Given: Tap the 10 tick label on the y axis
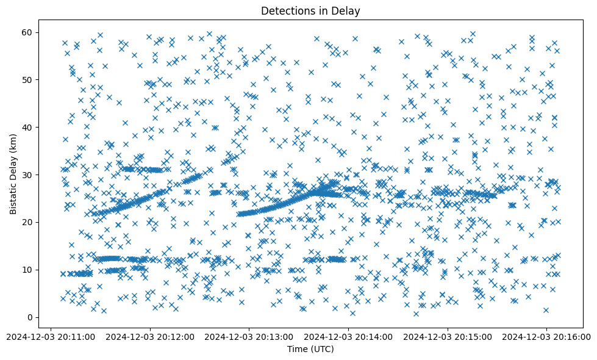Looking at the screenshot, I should click(27, 270).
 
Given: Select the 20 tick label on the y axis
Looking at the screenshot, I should click(27, 222).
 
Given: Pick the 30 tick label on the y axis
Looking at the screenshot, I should click(27, 175).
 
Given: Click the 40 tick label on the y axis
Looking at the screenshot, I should click(27, 127).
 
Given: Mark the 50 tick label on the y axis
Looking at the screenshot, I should click(27, 80).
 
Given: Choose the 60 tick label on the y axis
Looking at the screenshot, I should click(27, 32).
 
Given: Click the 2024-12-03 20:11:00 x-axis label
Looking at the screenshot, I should click(50, 336).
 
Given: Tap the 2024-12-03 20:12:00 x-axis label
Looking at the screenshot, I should click(149, 336).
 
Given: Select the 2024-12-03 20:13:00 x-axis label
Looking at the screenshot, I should click(249, 336).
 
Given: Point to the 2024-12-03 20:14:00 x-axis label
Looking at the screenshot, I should click(348, 336).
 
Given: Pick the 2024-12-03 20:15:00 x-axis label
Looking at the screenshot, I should click(448, 336).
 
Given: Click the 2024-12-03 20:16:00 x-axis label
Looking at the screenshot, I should click(546, 336).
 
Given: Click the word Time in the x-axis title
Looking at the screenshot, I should click(297, 349).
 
